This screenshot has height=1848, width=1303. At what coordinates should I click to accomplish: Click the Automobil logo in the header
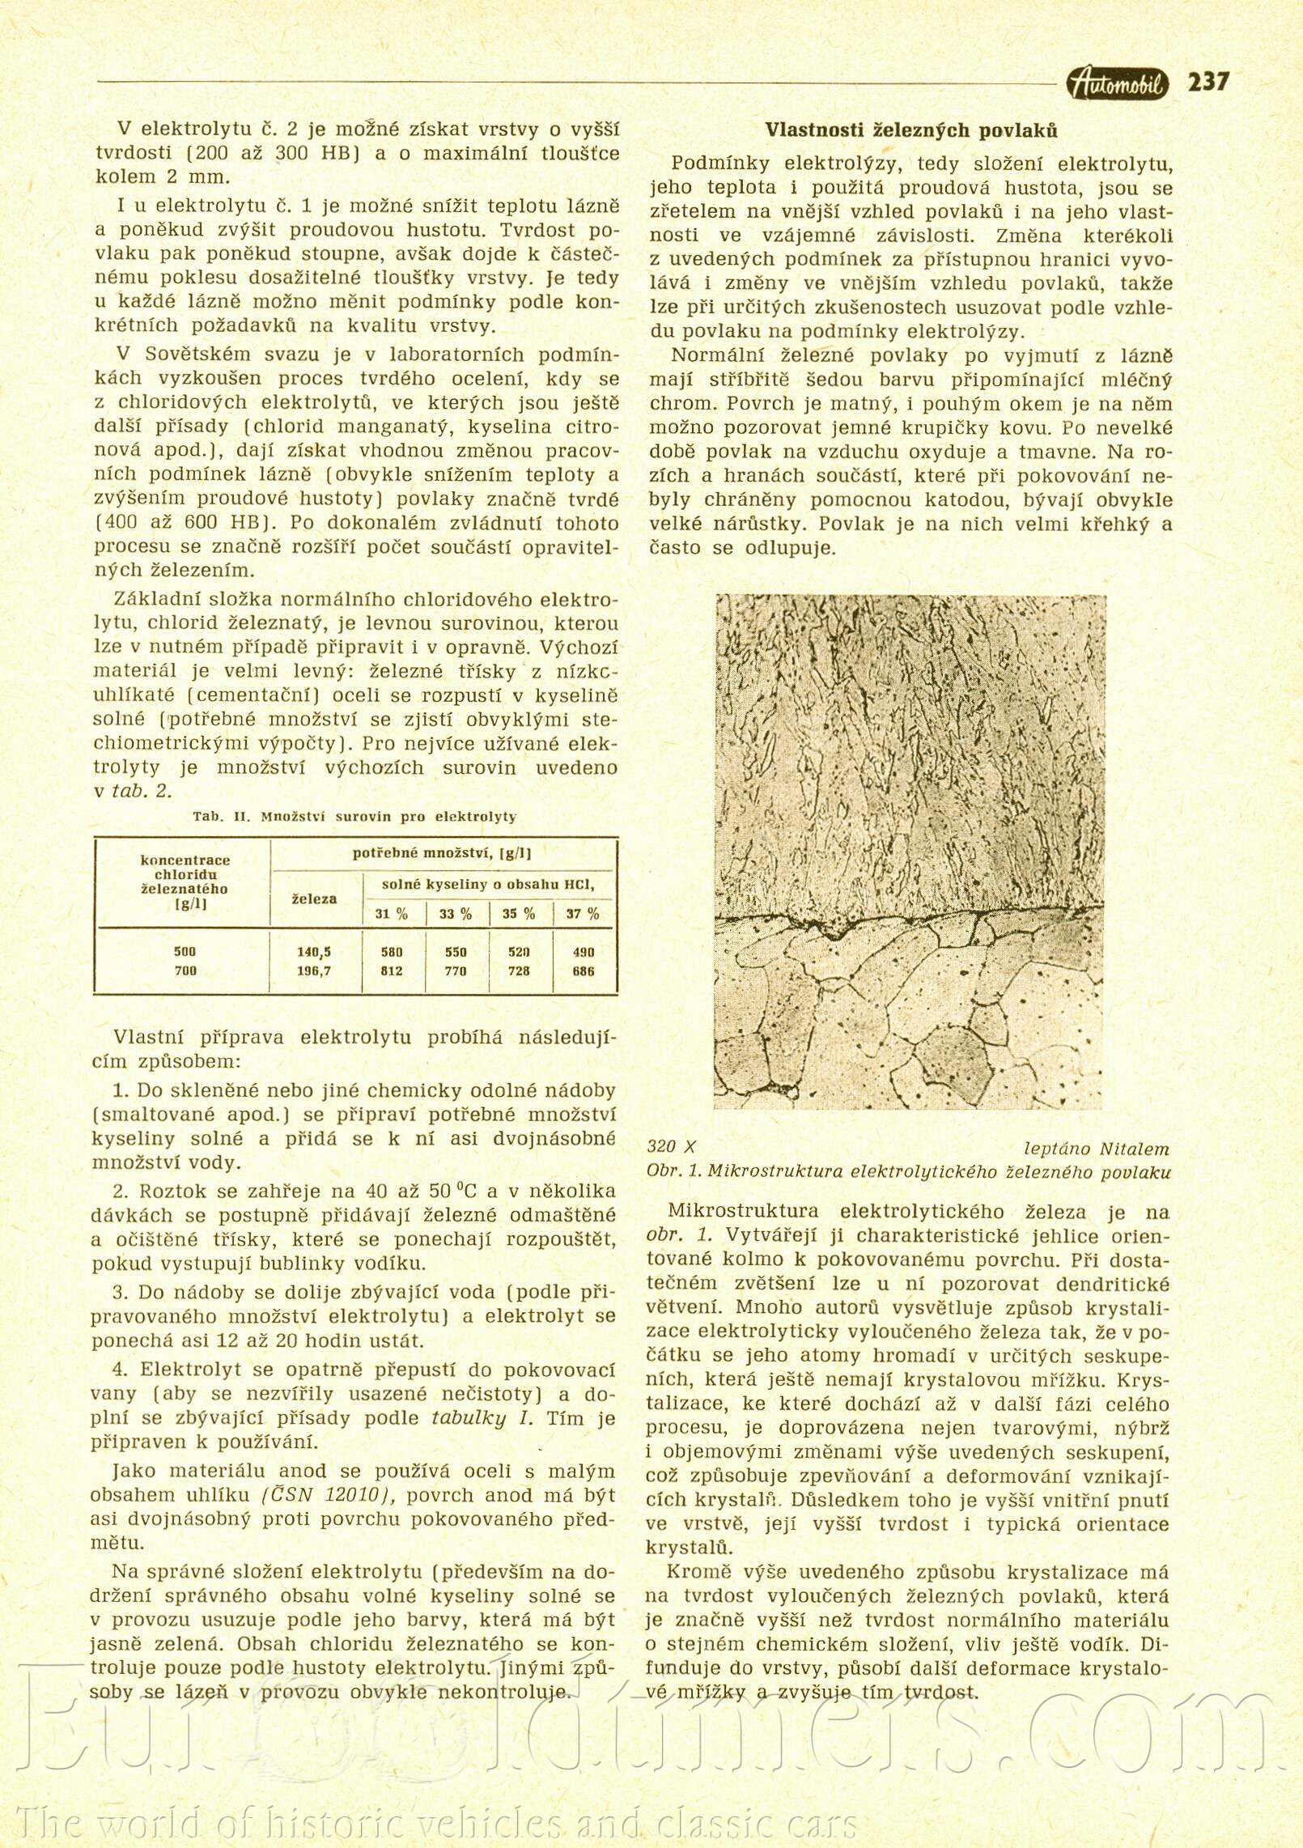pyautogui.click(x=1118, y=83)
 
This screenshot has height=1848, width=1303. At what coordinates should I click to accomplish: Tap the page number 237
pyautogui.click(x=1208, y=82)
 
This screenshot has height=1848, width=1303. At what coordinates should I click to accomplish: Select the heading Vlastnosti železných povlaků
pyautogui.click(x=910, y=130)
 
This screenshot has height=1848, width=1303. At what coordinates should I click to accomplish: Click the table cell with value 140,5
pyautogui.click(x=314, y=952)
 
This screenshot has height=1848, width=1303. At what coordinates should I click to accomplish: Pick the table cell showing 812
pyautogui.click(x=392, y=971)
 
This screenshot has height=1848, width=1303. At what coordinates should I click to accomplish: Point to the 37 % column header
pyautogui.click(x=583, y=914)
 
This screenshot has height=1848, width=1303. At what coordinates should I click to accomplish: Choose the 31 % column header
pyautogui.click(x=392, y=914)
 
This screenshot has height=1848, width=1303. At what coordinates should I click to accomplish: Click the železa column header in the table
pyautogui.click(x=314, y=899)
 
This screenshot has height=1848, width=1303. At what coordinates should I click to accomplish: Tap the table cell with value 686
pyautogui.click(x=583, y=971)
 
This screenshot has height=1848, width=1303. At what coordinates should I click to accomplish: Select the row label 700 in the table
pyautogui.click(x=185, y=971)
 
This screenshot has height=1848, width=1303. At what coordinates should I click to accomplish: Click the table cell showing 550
pyautogui.click(x=456, y=952)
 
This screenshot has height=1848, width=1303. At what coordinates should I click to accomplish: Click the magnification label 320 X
pyautogui.click(x=671, y=1146)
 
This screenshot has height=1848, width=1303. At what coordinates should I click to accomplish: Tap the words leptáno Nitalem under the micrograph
pyautogui.click(x=1096, y=1148)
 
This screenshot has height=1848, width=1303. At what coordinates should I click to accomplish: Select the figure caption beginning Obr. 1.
pyautogui.click(x=908, y=1171)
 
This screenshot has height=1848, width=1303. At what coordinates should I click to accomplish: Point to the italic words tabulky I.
pyautogui.click(x=482, y=1418)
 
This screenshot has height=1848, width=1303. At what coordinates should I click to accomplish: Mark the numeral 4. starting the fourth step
pyautogui.click(x=121, y=1370)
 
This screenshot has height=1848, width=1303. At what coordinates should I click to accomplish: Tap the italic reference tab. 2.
pyautogui.click(x=142, y=791)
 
